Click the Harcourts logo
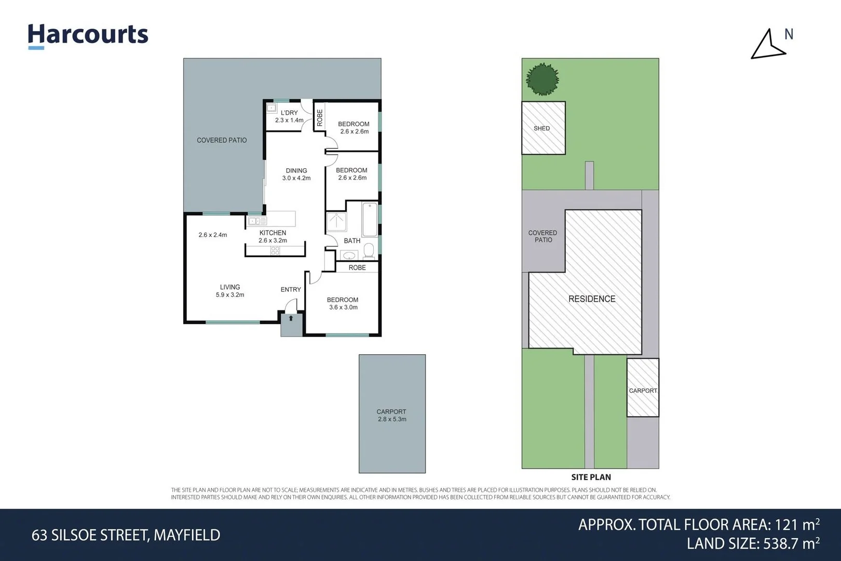(x=88, y=35)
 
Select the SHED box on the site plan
(x=543, y=128)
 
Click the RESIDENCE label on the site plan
(x=591, y=299)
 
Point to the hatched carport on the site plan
(x=643, y=388)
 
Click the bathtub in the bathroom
(x=370, y=220)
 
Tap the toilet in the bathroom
(x=369, y=251)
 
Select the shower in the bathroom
(x=336, y=222)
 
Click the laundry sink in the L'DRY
(x=271, y=108)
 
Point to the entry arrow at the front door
(x=291, y=318)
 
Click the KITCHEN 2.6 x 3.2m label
(x=273, y=236)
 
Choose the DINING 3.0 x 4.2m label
(x=296, y=174)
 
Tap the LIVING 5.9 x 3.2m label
(x=230, y=290)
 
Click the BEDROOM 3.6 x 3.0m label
(x=343, y=303)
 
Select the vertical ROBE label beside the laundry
(x=320, y=117)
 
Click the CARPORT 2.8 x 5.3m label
(x=391, y=415)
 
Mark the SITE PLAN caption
(x=591, y=477)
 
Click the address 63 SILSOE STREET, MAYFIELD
(x=126, y=535)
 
